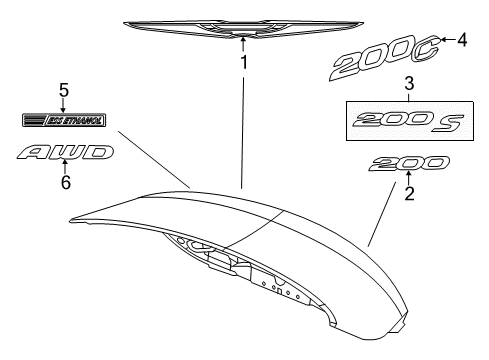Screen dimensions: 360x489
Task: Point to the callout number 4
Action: (462, 40)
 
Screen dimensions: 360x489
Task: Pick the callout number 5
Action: (63, 90)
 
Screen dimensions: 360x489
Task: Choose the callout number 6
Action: (66, 184)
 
